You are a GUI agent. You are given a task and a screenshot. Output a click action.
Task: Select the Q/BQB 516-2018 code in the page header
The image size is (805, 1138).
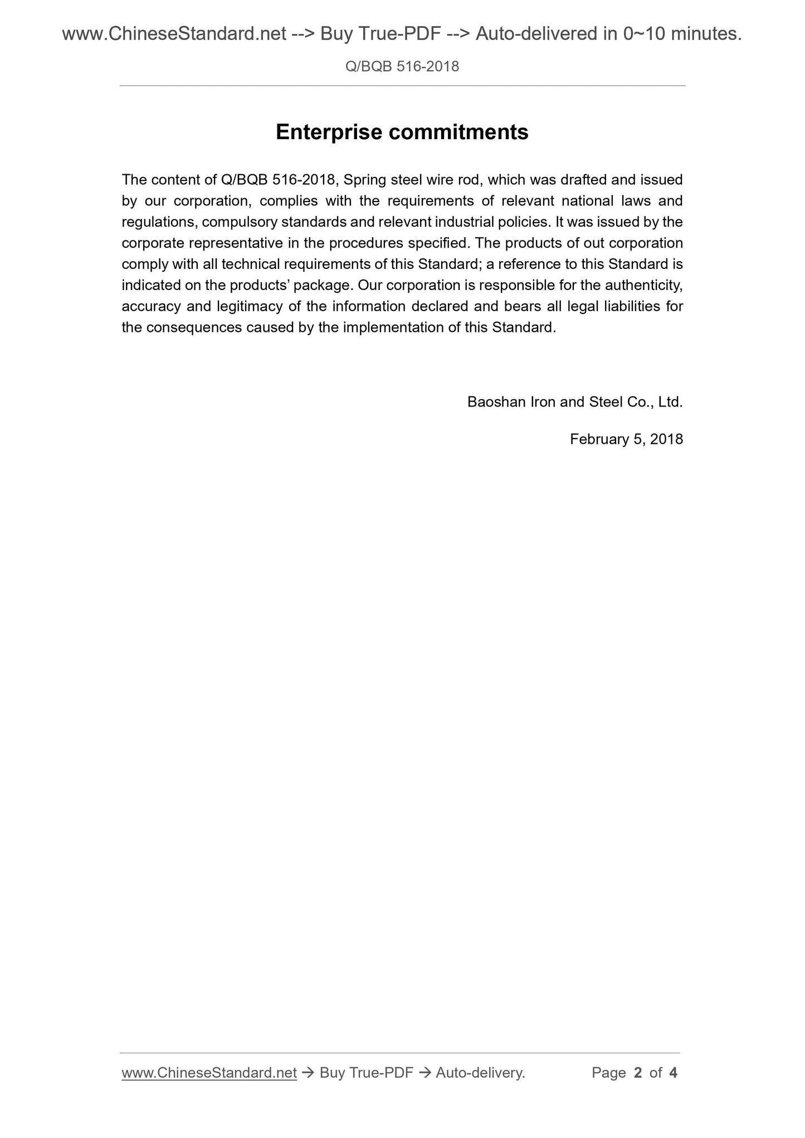(x=402, y=67)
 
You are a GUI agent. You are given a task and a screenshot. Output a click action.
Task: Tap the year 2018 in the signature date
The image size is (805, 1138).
(x=666, y=439)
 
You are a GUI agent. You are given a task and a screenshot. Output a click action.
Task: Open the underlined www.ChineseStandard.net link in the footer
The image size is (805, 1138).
(x=209, y=1073)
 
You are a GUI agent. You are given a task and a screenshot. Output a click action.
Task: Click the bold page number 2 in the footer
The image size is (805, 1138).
(x=638, y=1073)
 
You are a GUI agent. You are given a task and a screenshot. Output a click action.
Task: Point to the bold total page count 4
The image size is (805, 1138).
(x=673, y=1073)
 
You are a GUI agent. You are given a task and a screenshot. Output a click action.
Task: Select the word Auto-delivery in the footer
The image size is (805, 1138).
(x=480, y=1073)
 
